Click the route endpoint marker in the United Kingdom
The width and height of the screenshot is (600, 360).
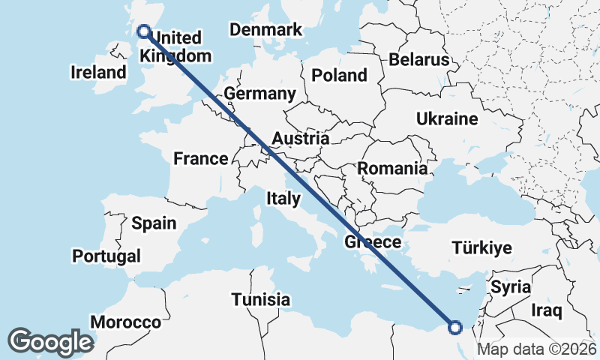(143, 31)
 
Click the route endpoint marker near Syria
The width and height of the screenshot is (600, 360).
(454, 326)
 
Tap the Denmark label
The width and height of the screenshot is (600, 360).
(265, 30)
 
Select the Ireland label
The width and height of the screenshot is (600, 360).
(98, 73)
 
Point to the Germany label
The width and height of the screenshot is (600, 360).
(259, 94)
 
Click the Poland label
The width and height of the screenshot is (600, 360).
(339, 75)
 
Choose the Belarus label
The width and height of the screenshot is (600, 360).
(418, 60)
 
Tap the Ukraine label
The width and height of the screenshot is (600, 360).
(447, 119)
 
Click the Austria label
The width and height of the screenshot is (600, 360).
(300, 139)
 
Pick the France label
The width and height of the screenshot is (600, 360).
(200, 158)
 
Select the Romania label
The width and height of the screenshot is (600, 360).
(391, 169)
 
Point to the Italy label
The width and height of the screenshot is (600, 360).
(283, 199)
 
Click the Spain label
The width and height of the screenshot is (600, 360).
(154, 223)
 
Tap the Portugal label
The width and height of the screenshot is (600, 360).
(106, 256)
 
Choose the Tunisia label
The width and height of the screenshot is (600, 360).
(260, 299)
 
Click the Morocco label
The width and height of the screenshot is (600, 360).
(125, 322)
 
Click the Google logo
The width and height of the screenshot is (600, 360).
(50, 341)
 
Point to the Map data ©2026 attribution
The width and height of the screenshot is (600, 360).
(536, 349)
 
